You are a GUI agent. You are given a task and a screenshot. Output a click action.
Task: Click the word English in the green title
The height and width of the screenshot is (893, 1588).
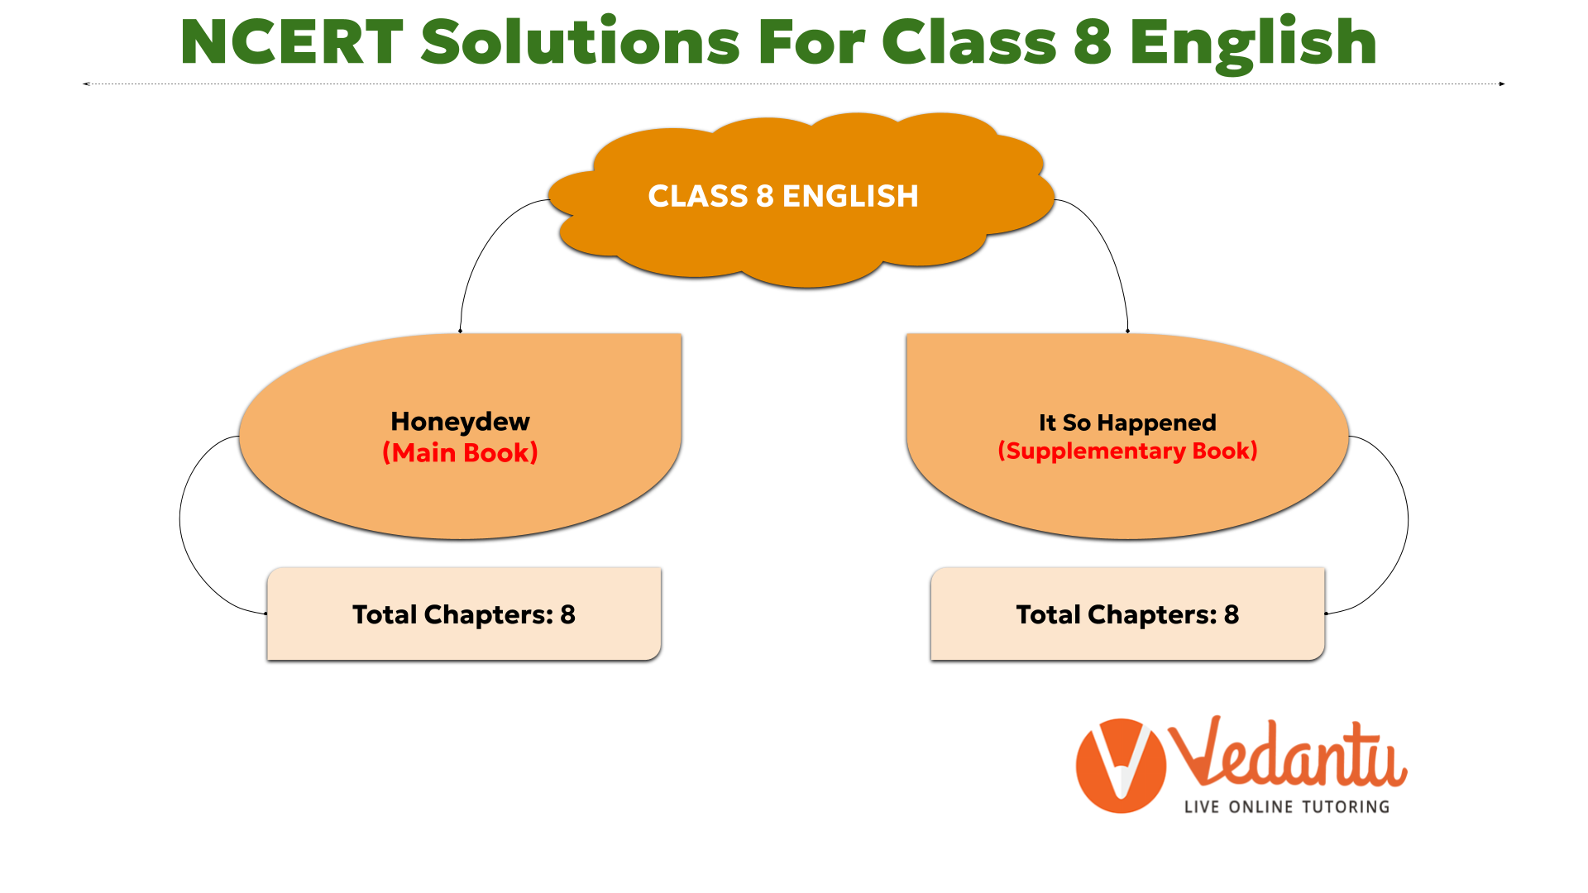1253,45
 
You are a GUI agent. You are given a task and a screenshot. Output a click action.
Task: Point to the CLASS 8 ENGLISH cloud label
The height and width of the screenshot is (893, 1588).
783,196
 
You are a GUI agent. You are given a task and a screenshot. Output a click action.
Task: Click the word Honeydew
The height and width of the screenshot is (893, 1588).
460,422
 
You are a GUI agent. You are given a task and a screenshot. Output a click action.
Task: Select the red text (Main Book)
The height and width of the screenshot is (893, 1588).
460,453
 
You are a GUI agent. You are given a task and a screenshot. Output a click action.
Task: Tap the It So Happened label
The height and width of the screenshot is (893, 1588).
1127,423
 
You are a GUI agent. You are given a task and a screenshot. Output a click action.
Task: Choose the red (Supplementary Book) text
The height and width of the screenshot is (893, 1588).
1127,451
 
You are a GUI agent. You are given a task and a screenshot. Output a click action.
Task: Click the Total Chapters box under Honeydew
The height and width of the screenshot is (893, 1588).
464,614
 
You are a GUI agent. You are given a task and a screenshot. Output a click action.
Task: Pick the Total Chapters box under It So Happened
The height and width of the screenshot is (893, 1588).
1127,614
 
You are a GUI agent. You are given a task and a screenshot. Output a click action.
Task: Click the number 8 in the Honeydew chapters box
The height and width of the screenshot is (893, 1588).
567,614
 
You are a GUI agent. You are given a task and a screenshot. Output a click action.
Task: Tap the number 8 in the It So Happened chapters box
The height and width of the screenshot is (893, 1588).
1232,614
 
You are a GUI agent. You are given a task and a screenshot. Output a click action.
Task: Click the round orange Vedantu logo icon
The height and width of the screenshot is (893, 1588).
1121,766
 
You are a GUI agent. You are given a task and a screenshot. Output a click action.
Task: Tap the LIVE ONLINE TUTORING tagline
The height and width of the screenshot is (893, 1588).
1287,807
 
